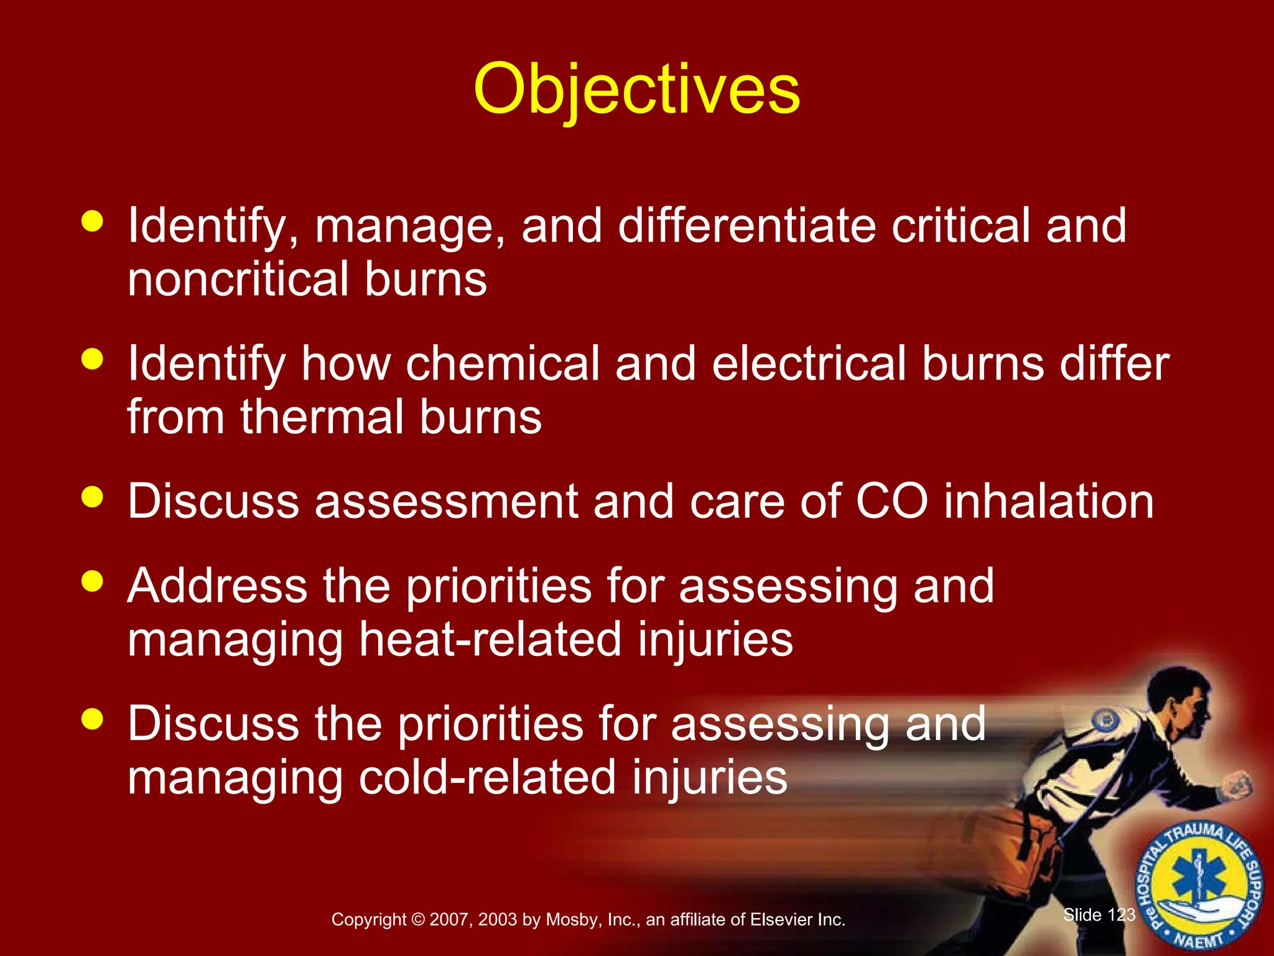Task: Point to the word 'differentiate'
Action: tap(746, 225)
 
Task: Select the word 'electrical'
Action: tap(809, 363)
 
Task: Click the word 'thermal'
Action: tap(322, 417)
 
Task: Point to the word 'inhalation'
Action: tap(1049, 502)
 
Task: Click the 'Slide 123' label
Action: tap(1099, 914)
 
